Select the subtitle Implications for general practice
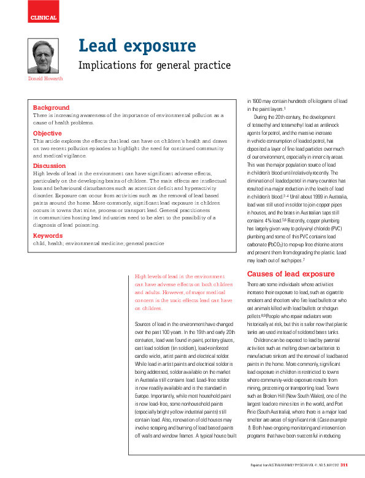point(155,65)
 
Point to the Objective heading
point(47,133)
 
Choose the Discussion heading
point(49,166)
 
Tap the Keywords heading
point(48,235)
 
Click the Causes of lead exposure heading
point(290,273)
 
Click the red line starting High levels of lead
point(183,278)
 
